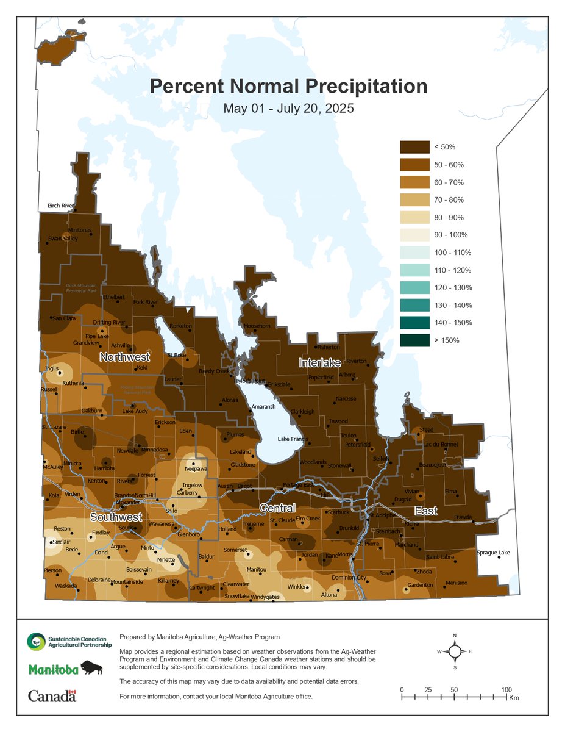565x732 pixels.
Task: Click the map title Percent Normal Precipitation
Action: pyautogui.click(x=288, y=86)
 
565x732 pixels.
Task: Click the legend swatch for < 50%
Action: pyautogui.click(x=414, y=147)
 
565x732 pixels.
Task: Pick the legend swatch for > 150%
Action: pyautogui.click(x=414, y=340)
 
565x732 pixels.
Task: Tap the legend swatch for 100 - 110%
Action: pyautogui.click(x=414, y=253)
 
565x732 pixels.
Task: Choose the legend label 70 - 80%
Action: pyautogui.click(x=449, y=200)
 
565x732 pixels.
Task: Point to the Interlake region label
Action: pyautogui.click(x=318, y=363)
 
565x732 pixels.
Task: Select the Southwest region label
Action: pyautogui.click(x=112, y=517)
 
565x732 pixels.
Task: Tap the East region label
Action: pyautogui.click(x=425, y=511)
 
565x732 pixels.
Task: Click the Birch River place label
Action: pyautogui.click(x=61, y=206)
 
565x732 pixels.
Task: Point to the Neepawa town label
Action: pyautogui.click(x=196, y=470)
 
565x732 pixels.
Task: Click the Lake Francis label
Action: pyautogui.click(x=293, y=439)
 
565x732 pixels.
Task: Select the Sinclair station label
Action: pyautogui.click(x=61, y=542)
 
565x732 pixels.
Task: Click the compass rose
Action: pyautogui.click(x=455, y=651)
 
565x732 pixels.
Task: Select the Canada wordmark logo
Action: pyautogui.click(x=52, y=695)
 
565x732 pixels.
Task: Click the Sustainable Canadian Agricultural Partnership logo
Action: pyautogui.click(x=68, y=640)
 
